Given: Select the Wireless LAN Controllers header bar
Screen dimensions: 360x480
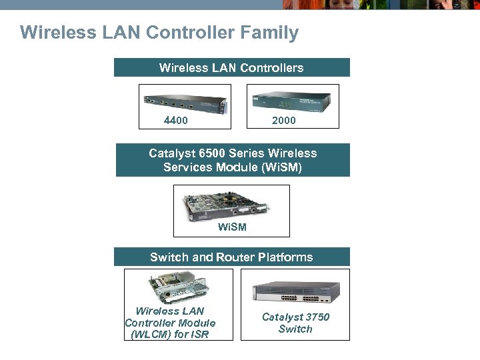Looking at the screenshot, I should (x=231, y=67).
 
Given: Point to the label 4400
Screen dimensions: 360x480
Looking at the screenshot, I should (x=176, y=121).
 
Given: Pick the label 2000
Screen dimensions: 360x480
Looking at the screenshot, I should (x=283, y=121).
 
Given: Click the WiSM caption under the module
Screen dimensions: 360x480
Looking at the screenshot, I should (x=232, y=227).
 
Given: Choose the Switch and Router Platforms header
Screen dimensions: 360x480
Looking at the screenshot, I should (x=231, y=257).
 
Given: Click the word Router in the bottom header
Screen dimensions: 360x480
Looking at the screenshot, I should (x=235, y=257).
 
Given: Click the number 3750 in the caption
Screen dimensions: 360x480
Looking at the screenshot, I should (x=315, y=317).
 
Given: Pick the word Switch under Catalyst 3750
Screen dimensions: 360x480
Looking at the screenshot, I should (x=295, y=329).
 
